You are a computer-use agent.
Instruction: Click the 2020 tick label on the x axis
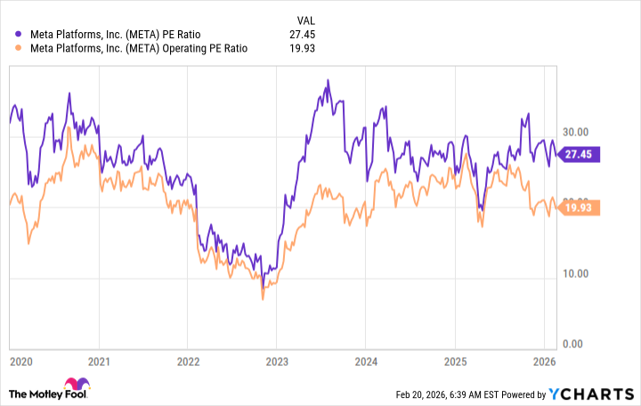tap(20, 361)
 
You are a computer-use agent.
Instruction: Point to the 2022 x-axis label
tap(188, 361)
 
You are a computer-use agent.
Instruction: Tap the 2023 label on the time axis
tap(276, 361)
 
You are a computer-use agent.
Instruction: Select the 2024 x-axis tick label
tap(365, 361)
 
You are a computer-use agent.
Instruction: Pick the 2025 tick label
tap(454, 361)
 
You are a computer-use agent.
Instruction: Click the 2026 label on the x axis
tap(542, 361)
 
